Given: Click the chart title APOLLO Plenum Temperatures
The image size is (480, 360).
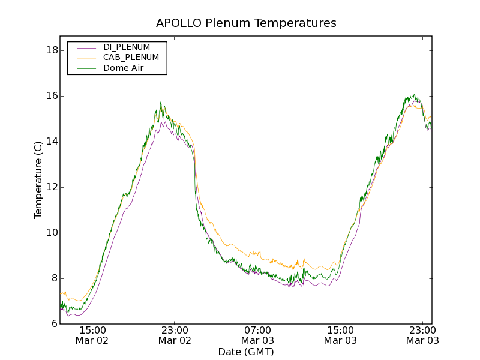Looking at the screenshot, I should point(246,23).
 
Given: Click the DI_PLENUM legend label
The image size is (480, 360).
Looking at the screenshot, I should point(127,47).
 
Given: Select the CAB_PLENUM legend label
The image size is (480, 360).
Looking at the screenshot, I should point(131,58).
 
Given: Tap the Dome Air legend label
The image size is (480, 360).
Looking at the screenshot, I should point(124,68).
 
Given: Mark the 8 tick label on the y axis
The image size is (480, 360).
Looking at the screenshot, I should point(53,278).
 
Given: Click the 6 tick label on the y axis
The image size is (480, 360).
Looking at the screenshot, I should point(53,324).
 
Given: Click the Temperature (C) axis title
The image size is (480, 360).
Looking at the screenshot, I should point(38,180).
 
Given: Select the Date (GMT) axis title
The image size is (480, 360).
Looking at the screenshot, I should point(246,352).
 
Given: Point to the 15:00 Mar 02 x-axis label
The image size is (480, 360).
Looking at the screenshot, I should point(92,335).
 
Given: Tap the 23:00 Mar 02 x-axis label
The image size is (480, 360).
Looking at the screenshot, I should point(175,335).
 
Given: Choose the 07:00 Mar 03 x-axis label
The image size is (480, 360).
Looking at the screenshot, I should point(257,335).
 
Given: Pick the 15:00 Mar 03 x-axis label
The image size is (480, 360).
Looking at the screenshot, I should point(340,335).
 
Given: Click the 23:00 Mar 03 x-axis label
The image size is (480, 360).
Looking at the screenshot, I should point(422,335).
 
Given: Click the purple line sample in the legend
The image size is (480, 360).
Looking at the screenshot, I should point(85,47).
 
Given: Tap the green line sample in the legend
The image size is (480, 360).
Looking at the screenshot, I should point(85,68).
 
